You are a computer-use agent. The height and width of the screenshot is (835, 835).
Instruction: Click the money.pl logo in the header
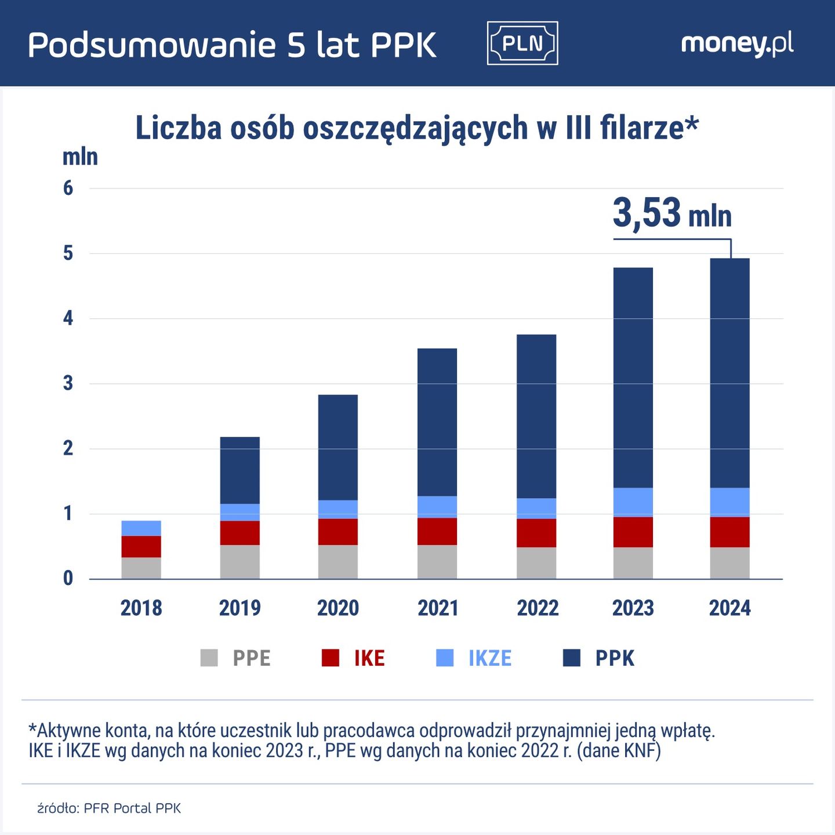737,44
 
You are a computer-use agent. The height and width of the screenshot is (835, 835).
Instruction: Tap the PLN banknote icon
522,43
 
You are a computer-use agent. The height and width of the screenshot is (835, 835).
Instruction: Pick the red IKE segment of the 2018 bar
141,546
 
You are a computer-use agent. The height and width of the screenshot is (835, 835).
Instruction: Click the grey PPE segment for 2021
437,561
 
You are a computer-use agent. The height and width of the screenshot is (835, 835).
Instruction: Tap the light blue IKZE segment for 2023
633,502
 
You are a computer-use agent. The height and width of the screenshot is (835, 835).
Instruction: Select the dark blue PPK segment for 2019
239,470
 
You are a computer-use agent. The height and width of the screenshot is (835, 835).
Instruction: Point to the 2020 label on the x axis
337,608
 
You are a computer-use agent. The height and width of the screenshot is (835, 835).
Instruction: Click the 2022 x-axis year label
538,608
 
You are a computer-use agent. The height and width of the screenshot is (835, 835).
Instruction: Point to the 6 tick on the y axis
68,188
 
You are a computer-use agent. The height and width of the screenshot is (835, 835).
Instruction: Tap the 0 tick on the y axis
68,578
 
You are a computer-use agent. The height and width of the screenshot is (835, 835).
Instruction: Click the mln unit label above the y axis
80,157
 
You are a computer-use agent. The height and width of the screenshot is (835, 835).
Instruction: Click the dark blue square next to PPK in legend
572,658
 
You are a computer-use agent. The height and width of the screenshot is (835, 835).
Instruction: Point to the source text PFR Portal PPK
132,808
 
